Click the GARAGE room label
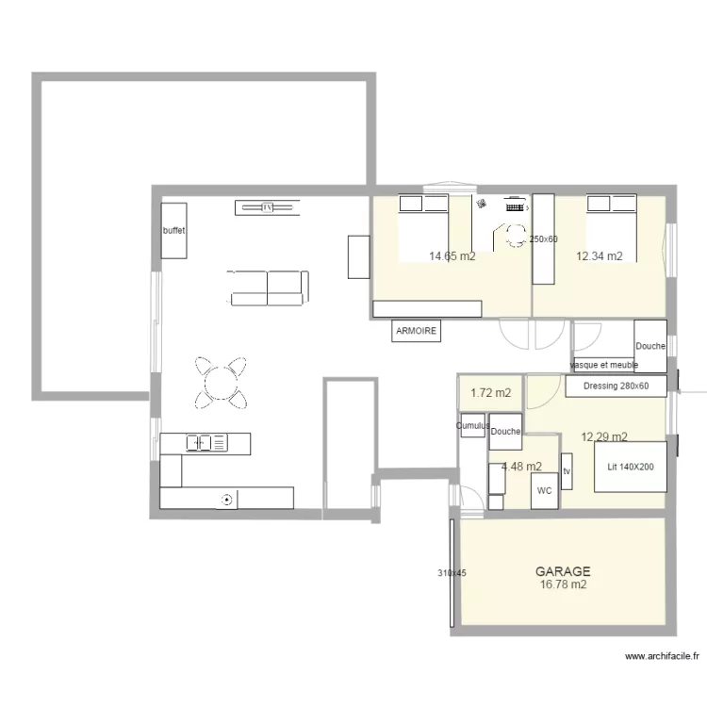(x=563, y=571)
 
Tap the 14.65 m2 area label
(x=452, y=255)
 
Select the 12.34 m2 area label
(x=600, y=255)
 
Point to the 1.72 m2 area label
(x=490, y=392)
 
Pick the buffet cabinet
(x=173, y=230)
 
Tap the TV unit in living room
(x=267, y=206)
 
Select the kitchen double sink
(x=206, y=441)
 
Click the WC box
(x=545, y=491)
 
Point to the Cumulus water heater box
(x=472, y=425)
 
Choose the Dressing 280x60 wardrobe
(x=617, y=386)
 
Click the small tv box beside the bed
(x=567, y=470)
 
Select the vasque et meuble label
(x=604, y=364)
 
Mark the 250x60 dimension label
(x=543, y=239)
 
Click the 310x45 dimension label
(x=451, y=572)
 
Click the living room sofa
(x=268, y=287)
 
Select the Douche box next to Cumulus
(x=506, y=432)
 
